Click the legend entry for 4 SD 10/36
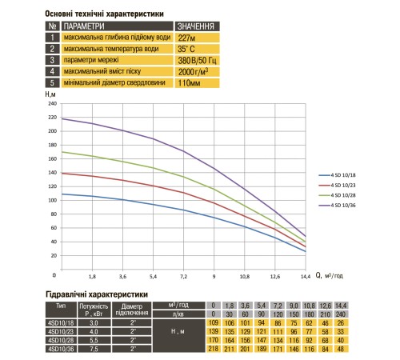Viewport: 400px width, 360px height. pos(337,206)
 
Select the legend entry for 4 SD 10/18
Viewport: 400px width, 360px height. pos(337,175)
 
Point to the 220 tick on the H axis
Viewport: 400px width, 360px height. pos(53,118)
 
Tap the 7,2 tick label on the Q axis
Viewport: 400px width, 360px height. pos(184,277)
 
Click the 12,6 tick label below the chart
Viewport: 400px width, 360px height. pos(275,277)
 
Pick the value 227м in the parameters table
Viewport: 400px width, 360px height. pos(186,38)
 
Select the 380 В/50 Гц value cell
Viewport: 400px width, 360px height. pos(197,61)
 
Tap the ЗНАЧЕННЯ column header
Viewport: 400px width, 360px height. pos(196,26)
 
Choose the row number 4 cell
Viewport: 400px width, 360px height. pos(52,71)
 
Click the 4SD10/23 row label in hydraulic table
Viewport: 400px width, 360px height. pos(61,331)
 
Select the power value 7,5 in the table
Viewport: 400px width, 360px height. pos(94,349)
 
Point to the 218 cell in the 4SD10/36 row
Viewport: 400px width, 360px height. pos(214,349)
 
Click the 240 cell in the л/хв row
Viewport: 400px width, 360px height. pos(341,314)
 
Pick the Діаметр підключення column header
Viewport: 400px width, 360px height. pos(132,310)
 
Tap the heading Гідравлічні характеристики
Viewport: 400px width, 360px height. pos(97,294)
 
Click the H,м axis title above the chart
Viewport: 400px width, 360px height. pos(50,94)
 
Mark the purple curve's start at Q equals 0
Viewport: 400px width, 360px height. pos(62,118)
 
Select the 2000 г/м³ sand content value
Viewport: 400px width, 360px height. pos(193,72)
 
